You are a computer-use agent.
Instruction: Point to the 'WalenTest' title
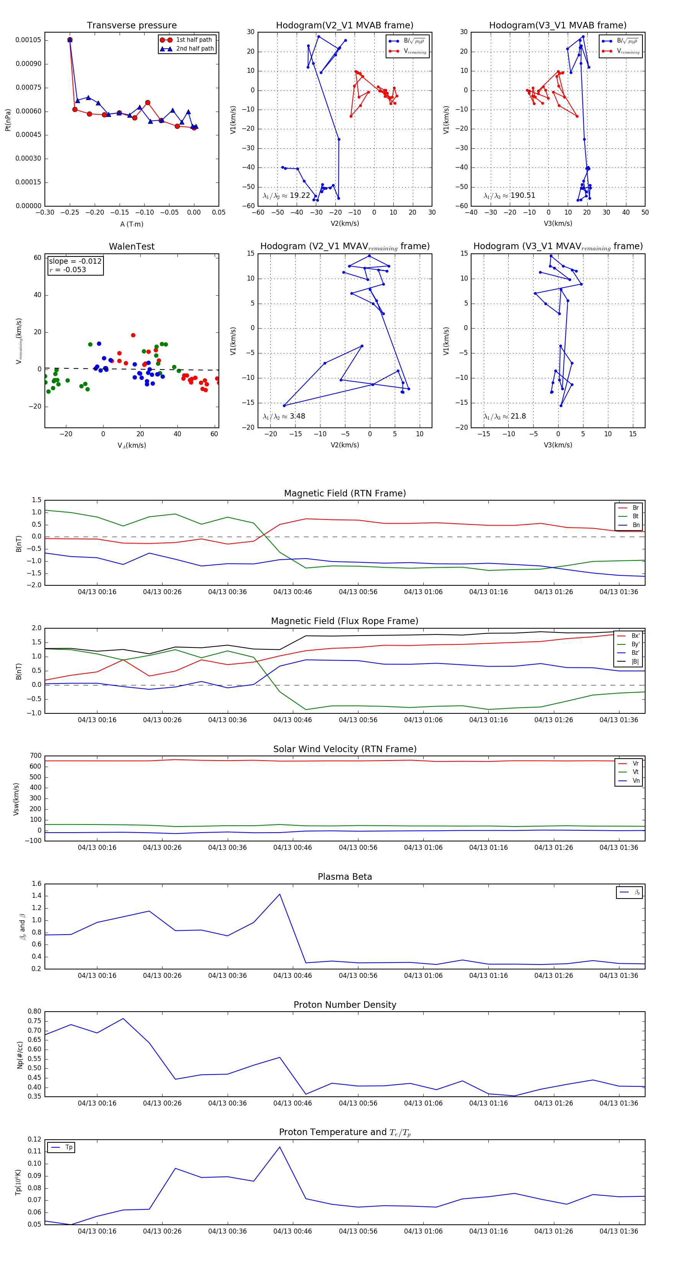click(131, 246)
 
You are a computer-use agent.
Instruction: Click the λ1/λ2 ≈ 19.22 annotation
click(286, 195)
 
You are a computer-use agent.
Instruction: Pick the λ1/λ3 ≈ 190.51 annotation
click(509, 195)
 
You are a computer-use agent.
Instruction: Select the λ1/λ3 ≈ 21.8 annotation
click(504, 416)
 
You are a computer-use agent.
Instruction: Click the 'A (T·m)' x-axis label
click(131, 224)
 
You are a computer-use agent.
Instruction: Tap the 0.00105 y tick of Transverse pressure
click(28, 40)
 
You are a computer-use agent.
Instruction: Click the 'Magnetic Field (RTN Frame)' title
click(345, 493)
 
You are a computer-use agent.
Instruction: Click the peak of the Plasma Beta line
click(280, 894)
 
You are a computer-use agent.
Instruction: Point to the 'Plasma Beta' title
click(345, 877)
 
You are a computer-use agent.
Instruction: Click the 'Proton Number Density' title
click(345, 1004)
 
